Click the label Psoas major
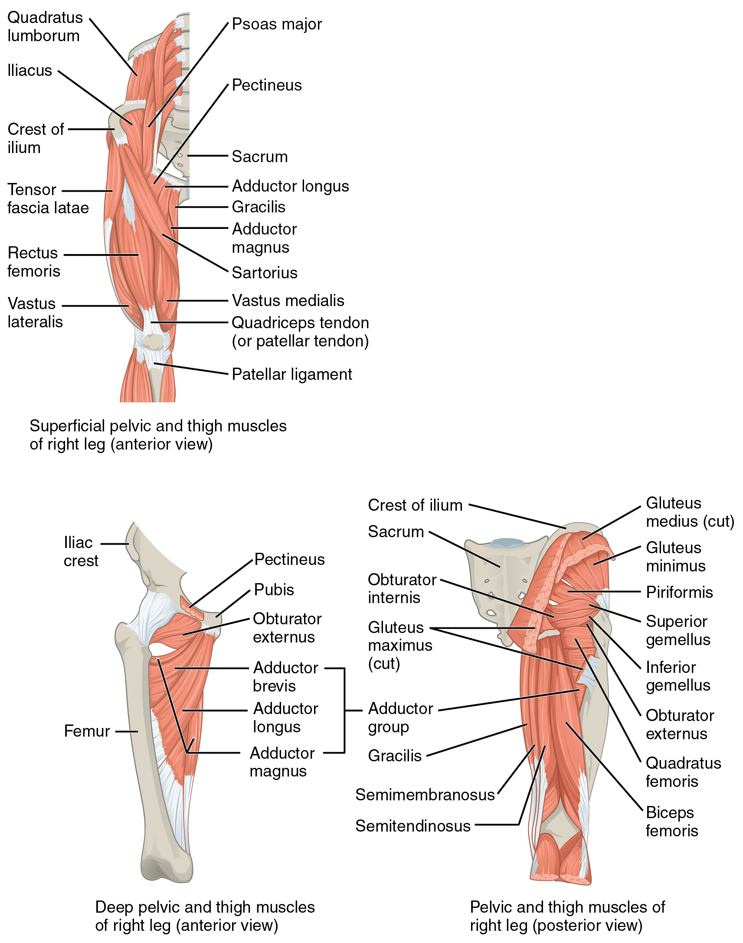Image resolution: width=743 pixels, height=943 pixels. pyautogui.click(x=277, y=24)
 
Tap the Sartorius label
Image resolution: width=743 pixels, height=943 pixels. pyautogui.click(x=265, y=273)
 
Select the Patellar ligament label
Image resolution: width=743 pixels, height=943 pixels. pyautogui.click(x=291, y=374)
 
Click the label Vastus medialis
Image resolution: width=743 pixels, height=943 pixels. pyautogui.click(x=288, y=301)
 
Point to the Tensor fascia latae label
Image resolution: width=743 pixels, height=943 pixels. pyautogui.click(x=47, y=199)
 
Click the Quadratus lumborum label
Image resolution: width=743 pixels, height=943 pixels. pyautogui.click(x=44, y=26)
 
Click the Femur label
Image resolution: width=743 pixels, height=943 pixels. pyautogui.click(x=87, y=731)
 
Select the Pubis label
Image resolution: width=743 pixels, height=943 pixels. pyautogui.click(x=274, y=590)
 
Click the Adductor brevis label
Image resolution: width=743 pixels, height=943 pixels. pyautogui.click(x=285, y=677)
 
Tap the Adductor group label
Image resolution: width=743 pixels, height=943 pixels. pyautogui.click(x=400, y=718)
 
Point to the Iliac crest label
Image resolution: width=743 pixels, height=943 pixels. pyautogui.click(x=81, y=552)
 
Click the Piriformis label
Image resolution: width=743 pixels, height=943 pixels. pyautogui.click(x=679, y=593)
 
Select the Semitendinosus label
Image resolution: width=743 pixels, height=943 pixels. pyautogui.click(x=413, y=826)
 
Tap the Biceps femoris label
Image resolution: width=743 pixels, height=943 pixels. pyautogui.click(x=672, y=822)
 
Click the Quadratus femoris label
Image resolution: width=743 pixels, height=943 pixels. pyautogui.click(x=683, y=772)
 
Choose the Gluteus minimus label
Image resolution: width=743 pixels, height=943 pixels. pyautogui.click(x=675, y=557)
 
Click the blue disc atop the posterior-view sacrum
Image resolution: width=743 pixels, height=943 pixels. pyautogui.click(x=507, y=542)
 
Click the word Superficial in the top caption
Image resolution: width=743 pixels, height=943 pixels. pyautogui.click(x=67, y=426)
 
